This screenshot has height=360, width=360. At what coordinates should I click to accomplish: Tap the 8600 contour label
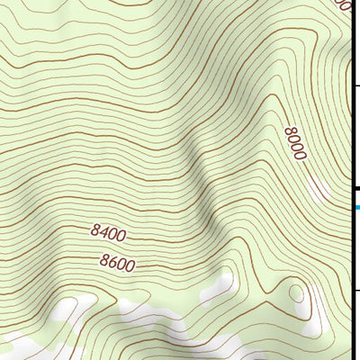(x=117, y=264)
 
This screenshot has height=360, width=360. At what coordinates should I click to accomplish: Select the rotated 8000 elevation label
(x=295, y=144)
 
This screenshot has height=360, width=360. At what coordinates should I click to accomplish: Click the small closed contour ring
(x=295, y=292)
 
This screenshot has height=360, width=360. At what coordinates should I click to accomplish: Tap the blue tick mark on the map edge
(x=356, y=208)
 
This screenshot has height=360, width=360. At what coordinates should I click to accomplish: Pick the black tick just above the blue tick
(x=355, y=188)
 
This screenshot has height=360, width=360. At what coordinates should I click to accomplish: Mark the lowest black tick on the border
(x=355, y=290)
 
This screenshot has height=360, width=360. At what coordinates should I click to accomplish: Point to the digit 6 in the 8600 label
(x=112, y=263)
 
